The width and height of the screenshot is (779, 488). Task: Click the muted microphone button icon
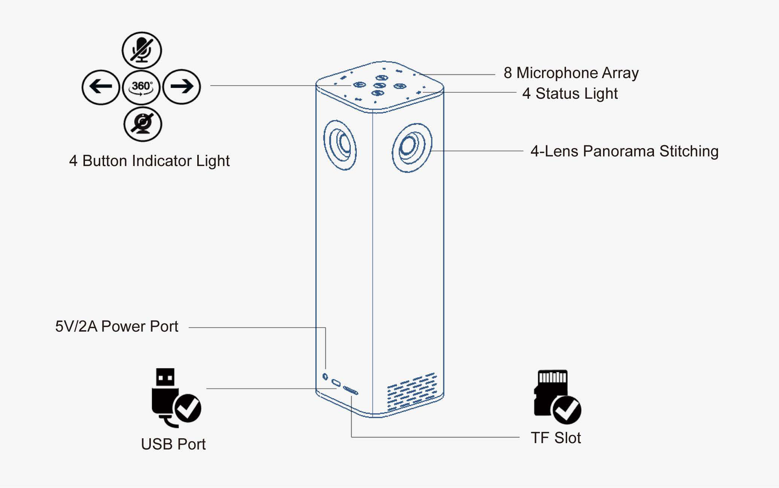pyautogui.click(x=142, y=50)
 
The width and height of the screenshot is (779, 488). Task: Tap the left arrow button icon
pyautogui.click(x=101, y=87)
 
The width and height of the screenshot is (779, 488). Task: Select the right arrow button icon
pyautogui.click(x=182, y=87)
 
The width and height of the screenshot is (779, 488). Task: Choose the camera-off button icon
pyautogui.click(x=143, y=124)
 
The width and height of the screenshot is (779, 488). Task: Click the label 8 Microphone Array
pyautogui.click(x=571, y=73)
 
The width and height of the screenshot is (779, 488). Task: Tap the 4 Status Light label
pyautogui.click(x=570, y=93)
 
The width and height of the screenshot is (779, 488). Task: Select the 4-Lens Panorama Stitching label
pyautogui.click(x=624, y=151)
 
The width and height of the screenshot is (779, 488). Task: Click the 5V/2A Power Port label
pyautogui.click(x=116, y=326)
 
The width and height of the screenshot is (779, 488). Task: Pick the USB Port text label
pyautogui.click(x=173, y=444)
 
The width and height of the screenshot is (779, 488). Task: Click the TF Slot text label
pyautogui.click(x=556, y=438)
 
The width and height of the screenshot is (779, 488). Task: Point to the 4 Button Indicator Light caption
pyautogui.click(x=149, y=161)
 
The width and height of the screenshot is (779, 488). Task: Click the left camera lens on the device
pyautogui.click(x=340, y=145)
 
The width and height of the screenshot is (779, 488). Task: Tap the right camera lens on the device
pyautogui.click(x=411, y=147)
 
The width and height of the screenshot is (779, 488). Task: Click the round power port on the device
pyautogui.click(x=325, y=376)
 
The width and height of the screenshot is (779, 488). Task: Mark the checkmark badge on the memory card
pyautogui.click(x=566, y=410)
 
